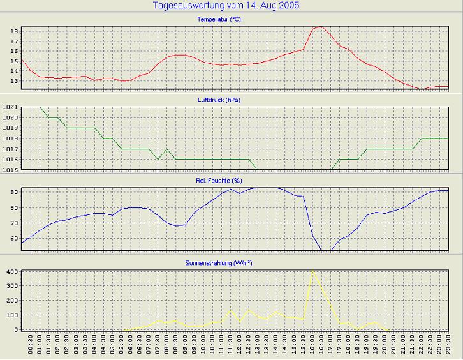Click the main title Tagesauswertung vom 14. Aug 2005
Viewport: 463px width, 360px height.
pyautogui.click(x=226, y=6)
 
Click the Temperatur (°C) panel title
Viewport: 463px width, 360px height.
pyautogui.click(x=219, y=19)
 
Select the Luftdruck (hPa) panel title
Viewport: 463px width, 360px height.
pyautogui.click(x=219, y=100)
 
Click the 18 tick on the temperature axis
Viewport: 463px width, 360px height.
pyautogui.click(x=13, y=31)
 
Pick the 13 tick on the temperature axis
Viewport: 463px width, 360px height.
pyautogui.click(x=13, y=81)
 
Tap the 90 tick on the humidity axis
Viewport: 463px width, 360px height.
pyautogui.click(x=13, y=191)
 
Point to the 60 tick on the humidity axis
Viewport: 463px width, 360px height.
pyautogui.click(x=13, y=238)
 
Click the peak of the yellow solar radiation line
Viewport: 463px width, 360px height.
pyautogui.click(x=312, y=271)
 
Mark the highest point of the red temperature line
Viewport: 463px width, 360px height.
pyautogui.click(x=321, y=27)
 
